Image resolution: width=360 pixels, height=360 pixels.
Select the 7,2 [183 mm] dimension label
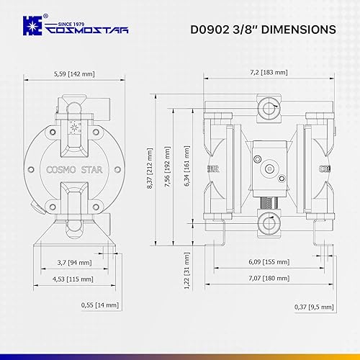tap(267, 73)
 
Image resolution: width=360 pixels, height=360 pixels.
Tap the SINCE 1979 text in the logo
tap(68, 22)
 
